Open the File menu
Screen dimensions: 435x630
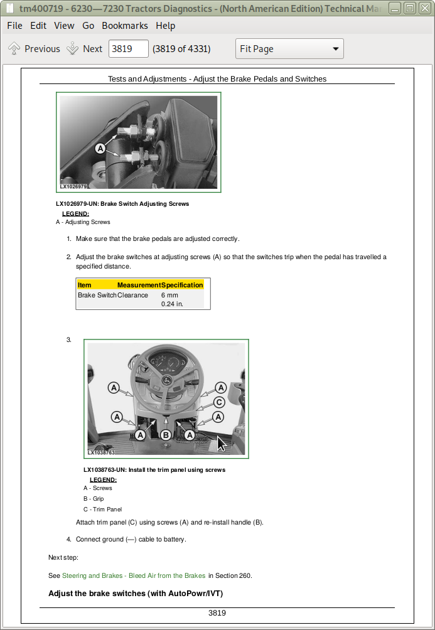[x=15, y=26]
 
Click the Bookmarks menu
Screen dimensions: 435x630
[x=125, y=26]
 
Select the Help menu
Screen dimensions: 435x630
[x=165, y=26]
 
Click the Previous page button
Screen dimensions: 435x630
[x=34, y=48]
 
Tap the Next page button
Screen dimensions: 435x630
[x=85, y=48]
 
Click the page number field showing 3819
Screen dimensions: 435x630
[x=128, y=48]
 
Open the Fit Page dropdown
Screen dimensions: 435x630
[x=289, y=48]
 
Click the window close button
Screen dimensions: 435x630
[x=424, y=8]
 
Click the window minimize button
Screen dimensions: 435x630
[x=395, y=8]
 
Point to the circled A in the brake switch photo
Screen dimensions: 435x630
[x=100, y=149]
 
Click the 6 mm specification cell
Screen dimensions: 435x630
[x=169, y=295]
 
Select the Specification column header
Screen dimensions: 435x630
[x=181, y=285]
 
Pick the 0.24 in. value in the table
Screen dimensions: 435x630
[x=172, y=304]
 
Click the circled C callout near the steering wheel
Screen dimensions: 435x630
[x=219, y=402]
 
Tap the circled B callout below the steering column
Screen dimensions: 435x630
[x=166, y=435]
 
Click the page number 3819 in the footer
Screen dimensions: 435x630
[x=217, y=612]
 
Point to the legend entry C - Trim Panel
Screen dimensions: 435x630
[x=102, y=509]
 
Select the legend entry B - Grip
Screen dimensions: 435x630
[x=94, y=499]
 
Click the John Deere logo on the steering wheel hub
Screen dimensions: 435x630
[x=166, y=380]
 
